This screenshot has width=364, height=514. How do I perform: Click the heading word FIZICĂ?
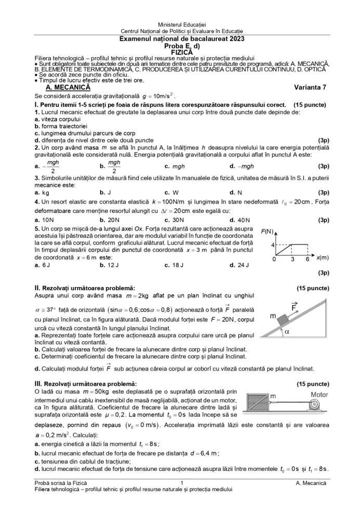click(x=181, y=52)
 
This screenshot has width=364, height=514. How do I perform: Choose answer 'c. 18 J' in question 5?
click(x=174, y=265)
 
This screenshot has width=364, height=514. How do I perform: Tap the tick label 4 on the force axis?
click(x=272, y=244)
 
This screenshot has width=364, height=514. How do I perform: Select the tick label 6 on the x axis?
click(x=307, y=259)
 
